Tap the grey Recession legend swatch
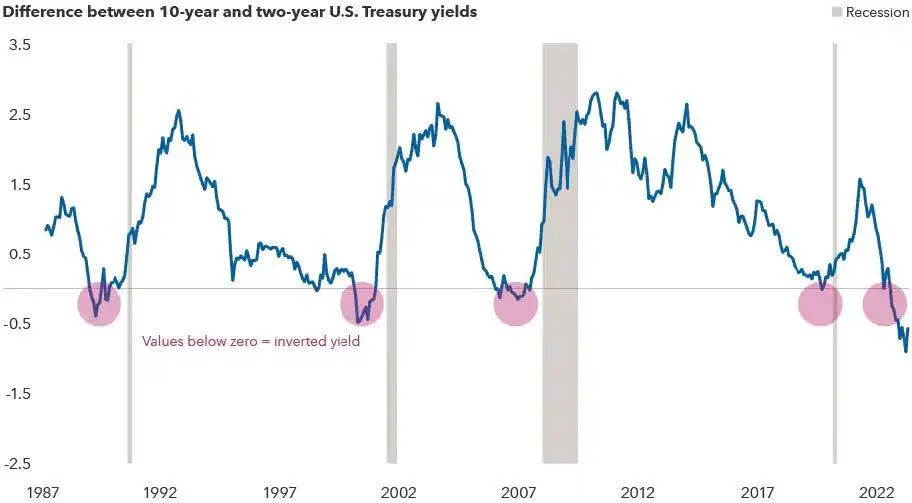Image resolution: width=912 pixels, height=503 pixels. point(836,13)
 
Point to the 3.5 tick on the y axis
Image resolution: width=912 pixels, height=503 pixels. point(20,46)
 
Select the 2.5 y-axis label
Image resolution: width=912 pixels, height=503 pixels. point(20,115)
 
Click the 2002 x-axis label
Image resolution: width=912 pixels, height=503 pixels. point(399,492)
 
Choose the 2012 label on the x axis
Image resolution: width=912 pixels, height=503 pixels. point(638,492)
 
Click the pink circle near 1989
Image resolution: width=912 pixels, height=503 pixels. point(99,304)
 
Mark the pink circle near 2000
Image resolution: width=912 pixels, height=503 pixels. point(362,304)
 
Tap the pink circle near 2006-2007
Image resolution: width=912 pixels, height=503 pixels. point(516,304)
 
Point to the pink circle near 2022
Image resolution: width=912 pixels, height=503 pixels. point(884,304)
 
